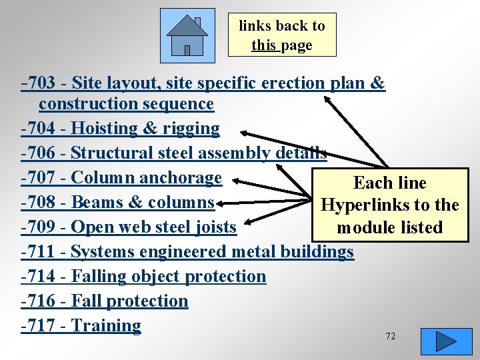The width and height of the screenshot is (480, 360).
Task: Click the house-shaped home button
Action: click(187, 35)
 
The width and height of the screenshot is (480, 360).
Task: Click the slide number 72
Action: click(390, 336)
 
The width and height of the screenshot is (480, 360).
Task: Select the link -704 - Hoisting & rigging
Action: click(120, 128)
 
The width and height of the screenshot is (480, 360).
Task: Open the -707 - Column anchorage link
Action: click(121, 178)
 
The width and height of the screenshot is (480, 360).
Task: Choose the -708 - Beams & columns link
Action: click(117, 202)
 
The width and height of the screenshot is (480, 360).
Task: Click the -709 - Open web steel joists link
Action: click(129, 227)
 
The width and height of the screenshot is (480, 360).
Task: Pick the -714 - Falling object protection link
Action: click(143, 276)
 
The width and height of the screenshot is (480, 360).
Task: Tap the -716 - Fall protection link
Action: click(105, 301)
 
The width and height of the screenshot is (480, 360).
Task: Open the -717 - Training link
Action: click(81, 325)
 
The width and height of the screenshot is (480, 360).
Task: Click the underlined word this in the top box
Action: click(263, 45)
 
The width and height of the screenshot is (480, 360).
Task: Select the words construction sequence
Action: click(126, 104)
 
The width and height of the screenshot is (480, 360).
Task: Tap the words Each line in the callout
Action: click(389, 183)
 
